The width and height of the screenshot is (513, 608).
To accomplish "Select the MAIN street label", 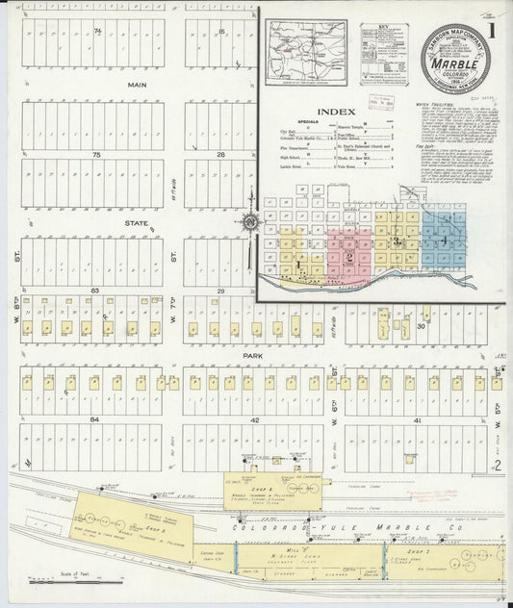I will click(x=136, y=85).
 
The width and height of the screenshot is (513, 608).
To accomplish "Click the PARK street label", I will click(x=253, y=354).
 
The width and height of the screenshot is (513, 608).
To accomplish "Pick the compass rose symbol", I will click(x=250, y=223).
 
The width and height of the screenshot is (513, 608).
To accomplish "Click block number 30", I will click(x=421, y=326).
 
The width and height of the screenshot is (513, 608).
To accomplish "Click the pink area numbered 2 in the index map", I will click(x=347, y=254).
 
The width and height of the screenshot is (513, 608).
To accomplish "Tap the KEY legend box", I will click(x=383, y=42).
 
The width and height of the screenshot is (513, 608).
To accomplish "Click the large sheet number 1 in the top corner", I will click(x=493, y=29).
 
